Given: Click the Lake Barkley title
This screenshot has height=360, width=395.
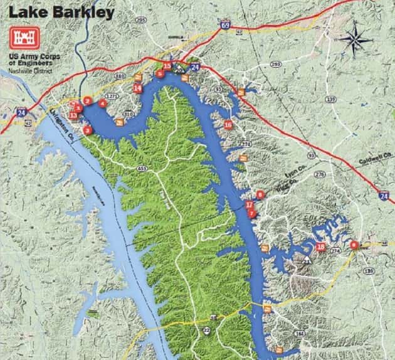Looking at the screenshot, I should (61, 13).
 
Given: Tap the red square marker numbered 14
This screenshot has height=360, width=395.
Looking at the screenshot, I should (137, 88).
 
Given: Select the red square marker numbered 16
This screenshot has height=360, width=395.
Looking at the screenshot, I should (228, 125).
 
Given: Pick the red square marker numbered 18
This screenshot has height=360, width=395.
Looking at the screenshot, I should (321, 247).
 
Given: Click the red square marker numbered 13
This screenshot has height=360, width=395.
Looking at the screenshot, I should (73, 115).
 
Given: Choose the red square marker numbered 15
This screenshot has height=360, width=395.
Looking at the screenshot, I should (167, 65).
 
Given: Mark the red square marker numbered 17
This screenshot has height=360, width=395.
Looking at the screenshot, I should (249, 205).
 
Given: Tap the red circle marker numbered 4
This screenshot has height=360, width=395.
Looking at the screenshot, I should (103, 103).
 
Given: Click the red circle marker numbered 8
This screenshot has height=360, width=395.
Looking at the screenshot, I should (355, 245).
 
